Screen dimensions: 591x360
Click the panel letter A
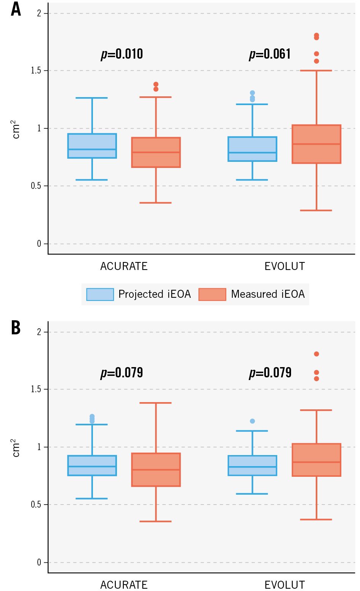[16, 9]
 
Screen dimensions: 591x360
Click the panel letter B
[16, 327]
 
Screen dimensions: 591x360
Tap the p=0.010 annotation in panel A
[122, 54]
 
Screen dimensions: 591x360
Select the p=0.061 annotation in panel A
[270, 54]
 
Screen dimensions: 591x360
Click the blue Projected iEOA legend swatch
[100, 294]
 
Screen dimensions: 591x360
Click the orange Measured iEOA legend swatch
[212, 294]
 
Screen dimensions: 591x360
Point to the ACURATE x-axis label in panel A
[124, 266]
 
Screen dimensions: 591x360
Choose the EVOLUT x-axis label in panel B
[285, 585]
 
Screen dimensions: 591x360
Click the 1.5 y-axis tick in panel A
[36, 71]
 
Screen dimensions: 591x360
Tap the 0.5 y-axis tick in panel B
[36, 505]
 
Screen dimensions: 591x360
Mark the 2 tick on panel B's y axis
[39, 332]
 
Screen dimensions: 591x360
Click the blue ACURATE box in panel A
[92, 146]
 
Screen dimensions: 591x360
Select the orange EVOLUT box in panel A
[316, 144]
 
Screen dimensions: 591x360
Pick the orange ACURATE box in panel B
[156, 470]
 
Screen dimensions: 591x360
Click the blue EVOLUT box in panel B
[252, 465]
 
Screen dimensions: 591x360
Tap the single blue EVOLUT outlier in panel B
[252, 421]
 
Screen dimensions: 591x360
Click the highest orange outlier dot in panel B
[317, 354]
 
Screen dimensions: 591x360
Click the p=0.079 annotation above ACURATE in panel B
[122, 372]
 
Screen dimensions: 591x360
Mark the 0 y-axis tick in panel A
[39, 244]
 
